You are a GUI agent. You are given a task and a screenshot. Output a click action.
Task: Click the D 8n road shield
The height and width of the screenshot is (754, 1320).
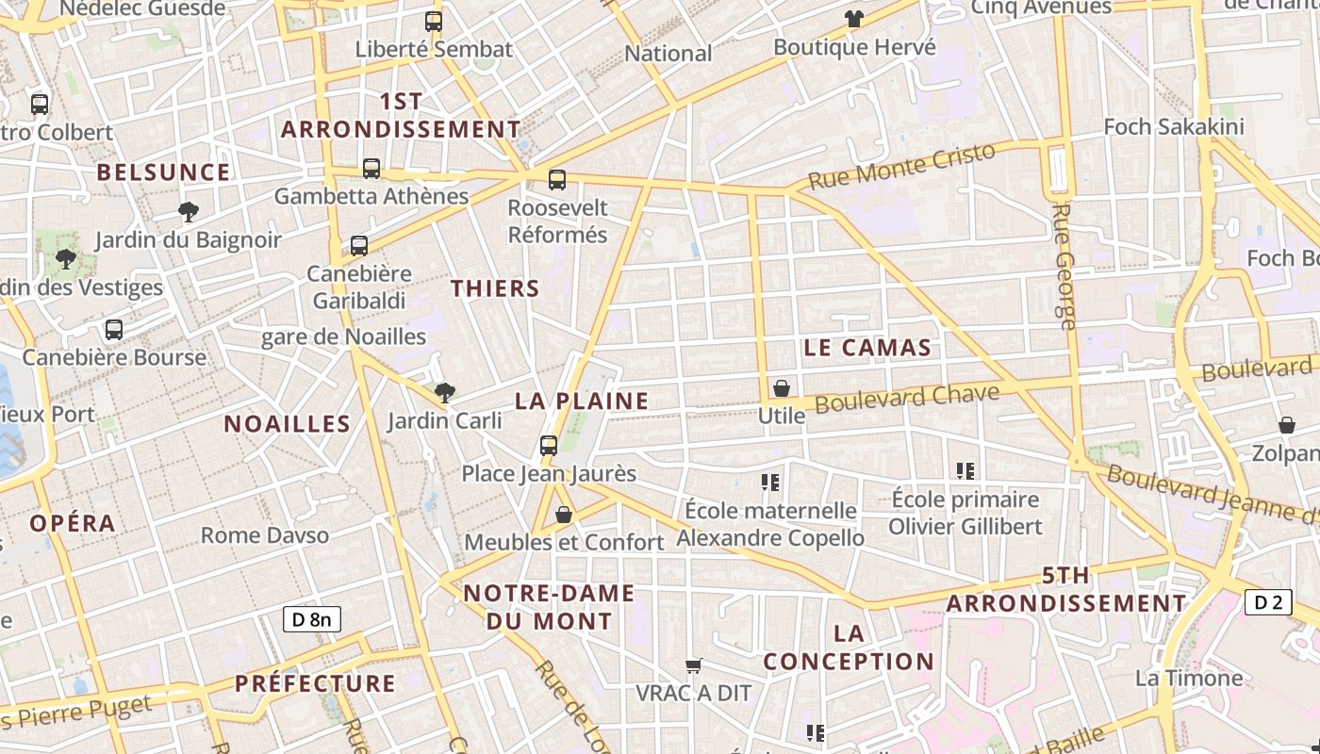pos(312,619)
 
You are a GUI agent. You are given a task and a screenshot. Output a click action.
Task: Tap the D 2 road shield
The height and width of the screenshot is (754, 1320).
pos(1268,602)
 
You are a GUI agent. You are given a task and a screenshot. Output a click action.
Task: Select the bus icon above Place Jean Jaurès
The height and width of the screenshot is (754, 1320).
pos(549,446)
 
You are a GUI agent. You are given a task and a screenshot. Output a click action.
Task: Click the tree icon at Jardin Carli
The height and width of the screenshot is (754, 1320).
pos(444,392)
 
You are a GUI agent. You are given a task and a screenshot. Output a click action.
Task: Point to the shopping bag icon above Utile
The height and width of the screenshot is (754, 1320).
pos(782,388)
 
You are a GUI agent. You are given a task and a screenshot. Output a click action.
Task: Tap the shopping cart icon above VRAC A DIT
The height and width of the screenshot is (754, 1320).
pos(694,666)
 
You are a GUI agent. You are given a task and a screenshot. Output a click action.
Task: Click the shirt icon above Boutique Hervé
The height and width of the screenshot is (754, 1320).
pos(854,19)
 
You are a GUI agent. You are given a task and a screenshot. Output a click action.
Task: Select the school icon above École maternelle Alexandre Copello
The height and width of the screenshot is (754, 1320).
pos(770,484)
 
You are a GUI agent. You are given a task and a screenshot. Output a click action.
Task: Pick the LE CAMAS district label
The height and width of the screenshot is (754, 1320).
pos(867,348)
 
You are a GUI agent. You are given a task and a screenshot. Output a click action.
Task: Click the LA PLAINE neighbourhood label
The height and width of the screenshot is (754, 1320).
pos(582,402)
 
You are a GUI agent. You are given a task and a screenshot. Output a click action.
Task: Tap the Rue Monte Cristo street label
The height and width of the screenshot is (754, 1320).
pos(901,167)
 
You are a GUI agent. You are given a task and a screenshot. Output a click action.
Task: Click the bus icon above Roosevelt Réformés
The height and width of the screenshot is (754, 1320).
pos(557,180)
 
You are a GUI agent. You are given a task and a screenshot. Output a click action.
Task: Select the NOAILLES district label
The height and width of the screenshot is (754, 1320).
pos(288,424)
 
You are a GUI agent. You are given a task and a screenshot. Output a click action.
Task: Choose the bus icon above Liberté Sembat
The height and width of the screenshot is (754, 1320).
pos(434,22)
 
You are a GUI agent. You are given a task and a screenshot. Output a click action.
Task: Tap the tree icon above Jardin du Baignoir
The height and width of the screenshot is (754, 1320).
pos(189,212)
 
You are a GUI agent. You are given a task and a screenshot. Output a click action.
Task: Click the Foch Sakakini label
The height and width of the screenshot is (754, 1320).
pos(1174,126)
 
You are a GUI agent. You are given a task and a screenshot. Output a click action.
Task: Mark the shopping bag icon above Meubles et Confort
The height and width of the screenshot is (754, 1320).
pos(564,515)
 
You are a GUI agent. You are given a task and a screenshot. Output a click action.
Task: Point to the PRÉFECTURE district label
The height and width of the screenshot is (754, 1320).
pos(315,683)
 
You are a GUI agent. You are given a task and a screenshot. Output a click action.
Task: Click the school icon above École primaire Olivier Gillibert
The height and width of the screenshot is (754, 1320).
pos(965,471)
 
